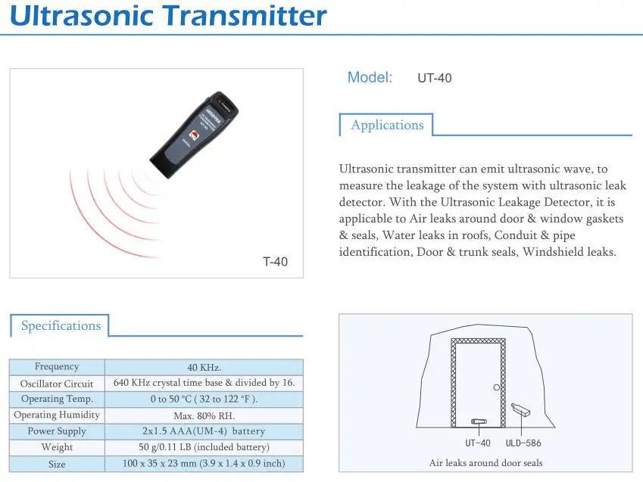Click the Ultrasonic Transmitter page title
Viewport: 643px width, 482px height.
pos(169,16)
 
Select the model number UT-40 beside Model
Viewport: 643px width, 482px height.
pos(435,78)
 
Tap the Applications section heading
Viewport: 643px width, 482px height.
pos(387,126)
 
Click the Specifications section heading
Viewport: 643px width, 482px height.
pos(61,326)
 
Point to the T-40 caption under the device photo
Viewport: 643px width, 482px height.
pos(275,263)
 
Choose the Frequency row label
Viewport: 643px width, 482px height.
pos(57,367)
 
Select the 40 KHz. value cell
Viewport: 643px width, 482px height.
pos(204,367)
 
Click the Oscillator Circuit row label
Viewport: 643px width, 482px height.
pos(57,384)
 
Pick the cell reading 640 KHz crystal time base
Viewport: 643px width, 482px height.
pos(204,383)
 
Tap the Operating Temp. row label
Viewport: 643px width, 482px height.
pos(57,400)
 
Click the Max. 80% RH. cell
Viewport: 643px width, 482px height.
pos(204,415)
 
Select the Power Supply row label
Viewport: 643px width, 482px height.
pos(57,431)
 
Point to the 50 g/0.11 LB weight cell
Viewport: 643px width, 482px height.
pos(204,447)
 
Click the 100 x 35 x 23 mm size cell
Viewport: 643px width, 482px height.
pos(204,464)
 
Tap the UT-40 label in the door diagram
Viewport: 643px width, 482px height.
pos(478,443)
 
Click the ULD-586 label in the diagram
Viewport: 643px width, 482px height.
pos(524,443)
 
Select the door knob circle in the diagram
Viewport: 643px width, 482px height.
pos(497,387)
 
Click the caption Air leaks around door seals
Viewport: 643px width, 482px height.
pos(485,463)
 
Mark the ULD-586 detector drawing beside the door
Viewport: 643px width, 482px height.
pos(521,409)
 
